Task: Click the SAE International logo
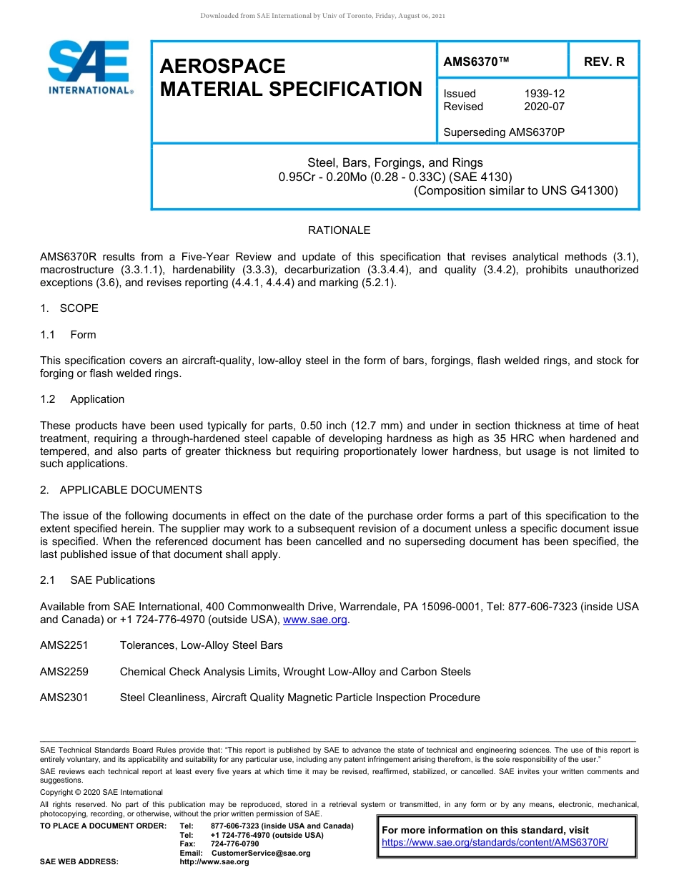pos(89,68)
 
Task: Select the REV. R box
pos(604,62)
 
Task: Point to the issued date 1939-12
pos(545,94)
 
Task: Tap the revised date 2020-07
pos(545,107)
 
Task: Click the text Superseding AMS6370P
pos(504,132)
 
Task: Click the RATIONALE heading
pos(339,230)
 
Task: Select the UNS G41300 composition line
pos(515,190)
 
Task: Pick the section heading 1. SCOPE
pos(69,308)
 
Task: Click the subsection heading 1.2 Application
pos(83,399)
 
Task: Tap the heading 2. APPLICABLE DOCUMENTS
pos(121,490)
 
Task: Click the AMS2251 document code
pos(64,645)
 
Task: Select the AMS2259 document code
pos(64,672)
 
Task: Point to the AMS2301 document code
pos(64,698)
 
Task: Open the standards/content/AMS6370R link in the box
pos(495,843)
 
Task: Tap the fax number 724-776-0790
pos(234,844)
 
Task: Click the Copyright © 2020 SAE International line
pos(101,792)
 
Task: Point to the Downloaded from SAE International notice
pos(322,16)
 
